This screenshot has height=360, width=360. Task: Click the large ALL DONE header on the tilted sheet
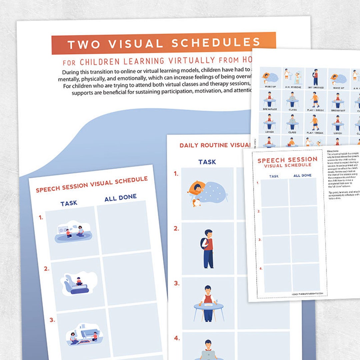pos(120,198)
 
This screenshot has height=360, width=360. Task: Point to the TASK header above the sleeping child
pos(207,162)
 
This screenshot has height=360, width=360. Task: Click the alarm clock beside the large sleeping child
pos(197,203)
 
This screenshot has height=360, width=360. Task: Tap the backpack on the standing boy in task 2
pos(204,243)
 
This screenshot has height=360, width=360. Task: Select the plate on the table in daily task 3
pos(208,304)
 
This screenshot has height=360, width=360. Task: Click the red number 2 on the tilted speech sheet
pos(47,269)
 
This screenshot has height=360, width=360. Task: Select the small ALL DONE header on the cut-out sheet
pos(302,175)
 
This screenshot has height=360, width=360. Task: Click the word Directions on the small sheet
pos(333,151)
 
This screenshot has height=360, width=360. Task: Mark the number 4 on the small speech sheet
pos(261,268)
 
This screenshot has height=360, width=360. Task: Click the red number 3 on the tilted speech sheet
pos(52,320)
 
